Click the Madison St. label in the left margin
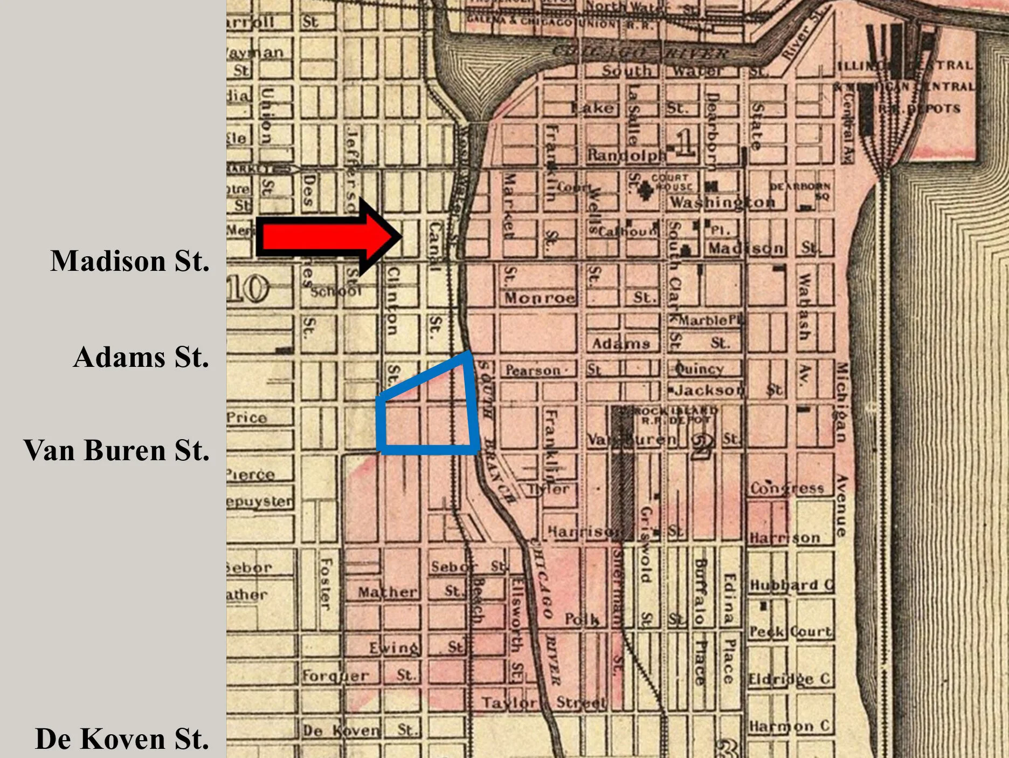coord(129,261)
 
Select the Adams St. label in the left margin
coord(141,357)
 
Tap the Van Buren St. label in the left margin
coord(116,450)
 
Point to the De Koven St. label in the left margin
coord(122,739)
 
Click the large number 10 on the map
coord(247,289)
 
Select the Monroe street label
coord(540,298)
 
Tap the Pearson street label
coord(533,371)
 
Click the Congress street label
coord(787,489)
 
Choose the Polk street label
coord(582,619)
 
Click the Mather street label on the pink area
coord(388,592)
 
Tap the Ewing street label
coord(393,647)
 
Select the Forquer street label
coord(335,675)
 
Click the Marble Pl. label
coord(710,320)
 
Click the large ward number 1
coord(685,144)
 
